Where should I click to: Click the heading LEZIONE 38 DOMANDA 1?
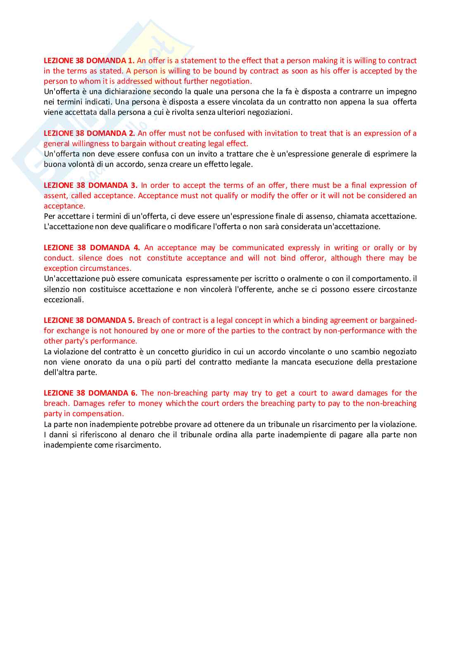click(89, 61)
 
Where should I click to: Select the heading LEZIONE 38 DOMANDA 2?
click(89, 133)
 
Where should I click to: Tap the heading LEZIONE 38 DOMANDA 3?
click(90, 185)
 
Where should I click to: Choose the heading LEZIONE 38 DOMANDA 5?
click(89, 320)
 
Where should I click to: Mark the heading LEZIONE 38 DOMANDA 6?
click(90, 393)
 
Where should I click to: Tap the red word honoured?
click(131, 331)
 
